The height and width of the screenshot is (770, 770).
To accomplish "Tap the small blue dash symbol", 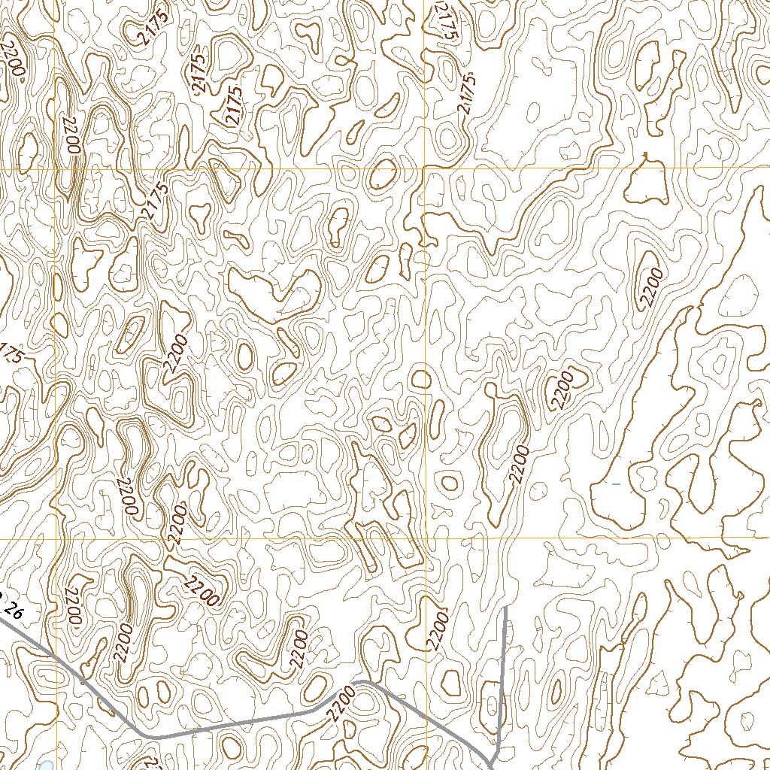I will pos(616,484).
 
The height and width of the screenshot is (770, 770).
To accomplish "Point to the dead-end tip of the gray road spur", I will pos(505,608).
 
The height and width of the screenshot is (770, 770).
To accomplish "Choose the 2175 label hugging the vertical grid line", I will pos(445,20).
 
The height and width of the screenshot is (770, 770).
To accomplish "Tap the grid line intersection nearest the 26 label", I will pos(57,539).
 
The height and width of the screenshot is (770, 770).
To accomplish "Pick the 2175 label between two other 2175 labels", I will pos(199,72).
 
